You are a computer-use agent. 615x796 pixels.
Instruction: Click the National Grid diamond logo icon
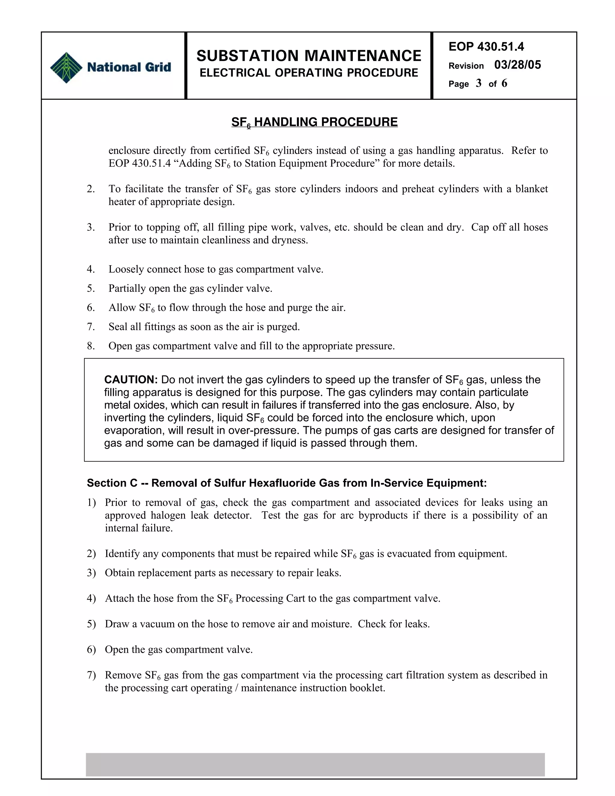(66, 67)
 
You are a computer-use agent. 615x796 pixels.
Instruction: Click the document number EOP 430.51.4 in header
(486, 47)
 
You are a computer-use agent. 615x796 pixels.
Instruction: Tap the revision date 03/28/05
(517, 65)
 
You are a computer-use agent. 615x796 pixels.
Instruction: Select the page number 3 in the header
(478, 84)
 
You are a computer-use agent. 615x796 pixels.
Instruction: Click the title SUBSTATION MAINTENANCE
(309, 56)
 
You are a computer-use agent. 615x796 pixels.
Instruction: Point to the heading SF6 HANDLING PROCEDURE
(314, 122)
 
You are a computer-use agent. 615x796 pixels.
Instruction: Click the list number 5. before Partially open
(91, 288)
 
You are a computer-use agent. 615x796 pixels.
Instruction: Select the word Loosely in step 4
(126, 269)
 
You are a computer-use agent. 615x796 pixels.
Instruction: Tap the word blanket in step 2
(531, 189)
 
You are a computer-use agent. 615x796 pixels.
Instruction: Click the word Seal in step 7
(118, 327)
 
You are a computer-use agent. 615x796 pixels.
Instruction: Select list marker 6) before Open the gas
(91, 649)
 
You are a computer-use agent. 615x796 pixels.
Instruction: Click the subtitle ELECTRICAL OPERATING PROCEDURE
(309, 73)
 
